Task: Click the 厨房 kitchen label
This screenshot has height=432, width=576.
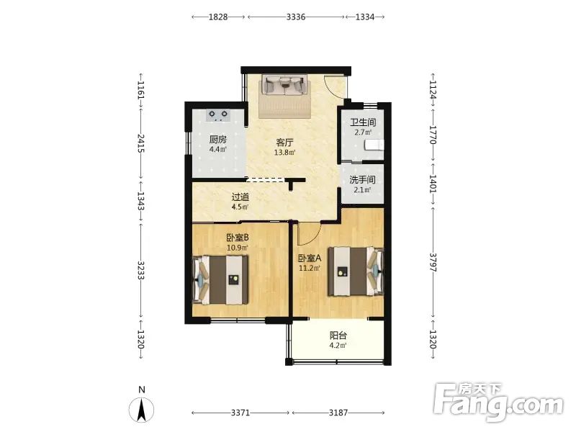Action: coord(218,140)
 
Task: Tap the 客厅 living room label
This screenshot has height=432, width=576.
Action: coord(284,143)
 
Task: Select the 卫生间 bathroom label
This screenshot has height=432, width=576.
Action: coord(363,122)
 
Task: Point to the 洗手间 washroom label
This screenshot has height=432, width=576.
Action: coord(362,180)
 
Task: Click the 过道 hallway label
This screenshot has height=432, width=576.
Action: coord(240,197)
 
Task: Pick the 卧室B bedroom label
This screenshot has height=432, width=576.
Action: coord(238,238)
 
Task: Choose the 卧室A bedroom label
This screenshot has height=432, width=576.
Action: coord(310,258)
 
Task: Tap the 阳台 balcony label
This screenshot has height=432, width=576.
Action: coord(338,336)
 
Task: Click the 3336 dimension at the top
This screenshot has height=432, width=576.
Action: coord(296,17)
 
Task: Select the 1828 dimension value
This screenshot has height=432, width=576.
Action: coord(218,17)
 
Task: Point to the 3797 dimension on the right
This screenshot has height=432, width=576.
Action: coord(433,262)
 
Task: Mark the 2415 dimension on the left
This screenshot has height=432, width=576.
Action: coord(141,143)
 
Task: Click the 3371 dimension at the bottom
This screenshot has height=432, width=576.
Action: coord(240,413)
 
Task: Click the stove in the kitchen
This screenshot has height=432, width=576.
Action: coord(218,116)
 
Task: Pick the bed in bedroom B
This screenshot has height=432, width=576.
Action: coord(220,280)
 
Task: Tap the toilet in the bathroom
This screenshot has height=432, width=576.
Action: coord(374,145)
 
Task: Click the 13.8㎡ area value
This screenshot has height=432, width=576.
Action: coord(284,153)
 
